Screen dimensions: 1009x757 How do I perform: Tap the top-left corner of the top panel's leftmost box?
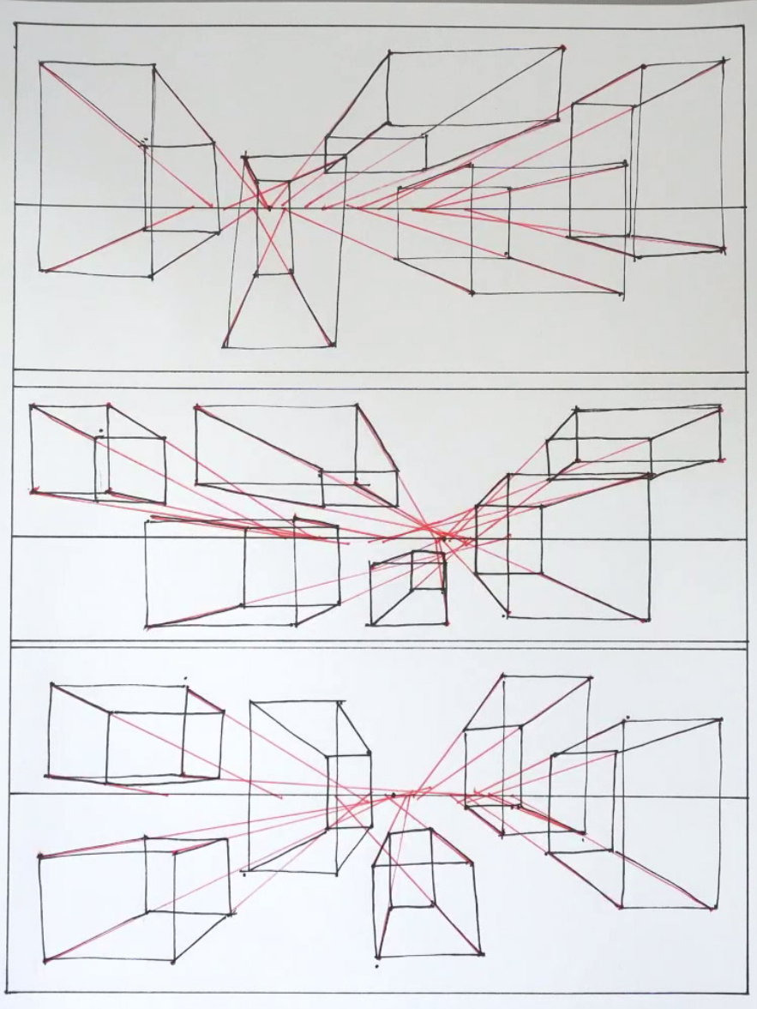pyautogui.click(x=40, y=63)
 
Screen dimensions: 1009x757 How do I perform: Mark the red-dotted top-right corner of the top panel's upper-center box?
pyautogui.click(x=563, y=47)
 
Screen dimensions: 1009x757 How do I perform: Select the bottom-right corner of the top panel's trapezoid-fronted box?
pyautogui.click(x=333, y=345)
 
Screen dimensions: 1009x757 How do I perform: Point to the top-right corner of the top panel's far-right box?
pyautogui.click(x=724, y=61)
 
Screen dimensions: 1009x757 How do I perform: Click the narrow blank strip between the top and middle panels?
pyautogui.click(x=377, y=380)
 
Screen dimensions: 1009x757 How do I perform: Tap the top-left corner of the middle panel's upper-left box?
pyautogui.click(x=31, y=405)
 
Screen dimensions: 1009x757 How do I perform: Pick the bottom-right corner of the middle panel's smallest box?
pyautogui.click(x=447, y=623)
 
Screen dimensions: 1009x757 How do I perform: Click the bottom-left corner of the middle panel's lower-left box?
pyautogui.click(x=147, y=628)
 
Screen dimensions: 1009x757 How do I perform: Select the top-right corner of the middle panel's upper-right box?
pyautogui.click(x=720, y=407)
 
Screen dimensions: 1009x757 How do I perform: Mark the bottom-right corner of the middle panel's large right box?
pyautogui.click(x=647, y=619)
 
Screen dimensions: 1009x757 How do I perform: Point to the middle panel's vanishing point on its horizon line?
pyautogui.click(x=442, y=538)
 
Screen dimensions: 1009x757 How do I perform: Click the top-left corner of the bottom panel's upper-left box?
pyautogui.click(x=51, y=685)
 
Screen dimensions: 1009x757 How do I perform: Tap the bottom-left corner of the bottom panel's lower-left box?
pyautogui.click(x=45, y=961)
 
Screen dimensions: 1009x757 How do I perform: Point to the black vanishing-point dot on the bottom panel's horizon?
pyautogui.click(x=394, y=796)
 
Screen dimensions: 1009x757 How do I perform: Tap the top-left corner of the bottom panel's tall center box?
pyautogui.click(x=250, y=702)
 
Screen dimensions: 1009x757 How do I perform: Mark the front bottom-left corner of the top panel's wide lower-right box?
pyautogui.click(x=472, y=293)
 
